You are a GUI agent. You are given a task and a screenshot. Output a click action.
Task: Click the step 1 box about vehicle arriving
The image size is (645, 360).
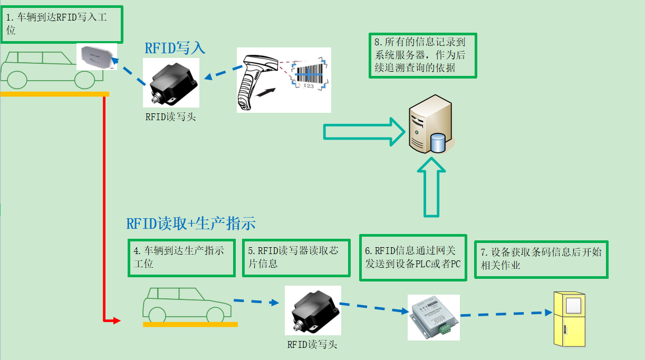(x=62, y=24)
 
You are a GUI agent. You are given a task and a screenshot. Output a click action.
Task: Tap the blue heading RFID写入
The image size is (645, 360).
(x=175, y=48)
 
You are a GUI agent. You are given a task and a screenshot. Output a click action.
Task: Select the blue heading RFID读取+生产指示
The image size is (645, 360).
(x=191, y=223)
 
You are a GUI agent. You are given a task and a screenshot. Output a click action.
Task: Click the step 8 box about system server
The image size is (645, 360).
(x=422, y=55)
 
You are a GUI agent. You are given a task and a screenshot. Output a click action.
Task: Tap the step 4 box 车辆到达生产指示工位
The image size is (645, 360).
(x=181, y=257)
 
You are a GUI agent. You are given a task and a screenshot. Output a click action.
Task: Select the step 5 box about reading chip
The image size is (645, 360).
(x=296, y=257)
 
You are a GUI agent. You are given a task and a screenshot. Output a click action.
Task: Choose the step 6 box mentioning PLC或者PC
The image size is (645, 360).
(x=413, y=257)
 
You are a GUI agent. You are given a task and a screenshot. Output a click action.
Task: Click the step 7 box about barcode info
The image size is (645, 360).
(x=541, y=259)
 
